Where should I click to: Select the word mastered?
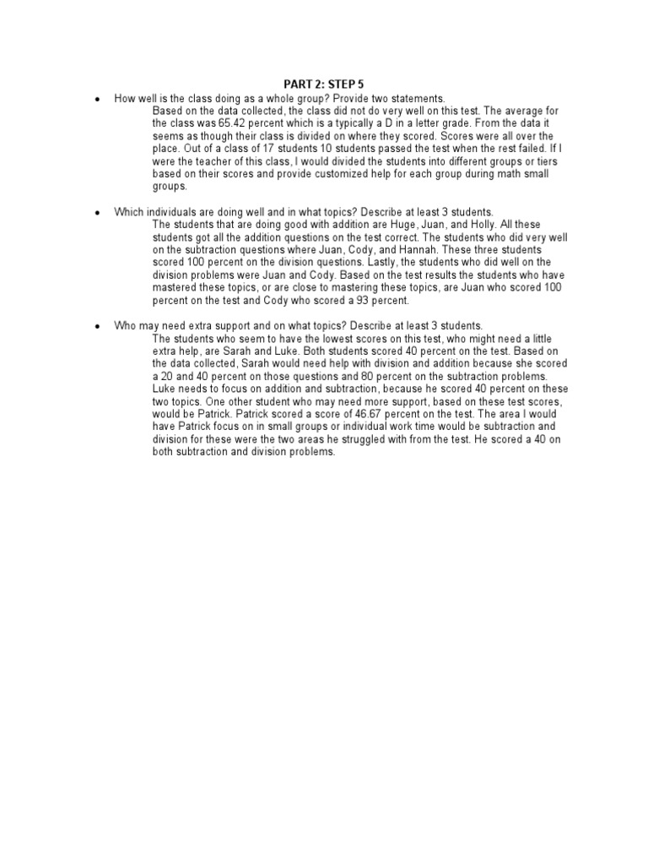coord(177,288)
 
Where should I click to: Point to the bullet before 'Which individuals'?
coord(98,213)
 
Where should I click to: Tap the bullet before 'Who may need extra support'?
coord(98,326)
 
